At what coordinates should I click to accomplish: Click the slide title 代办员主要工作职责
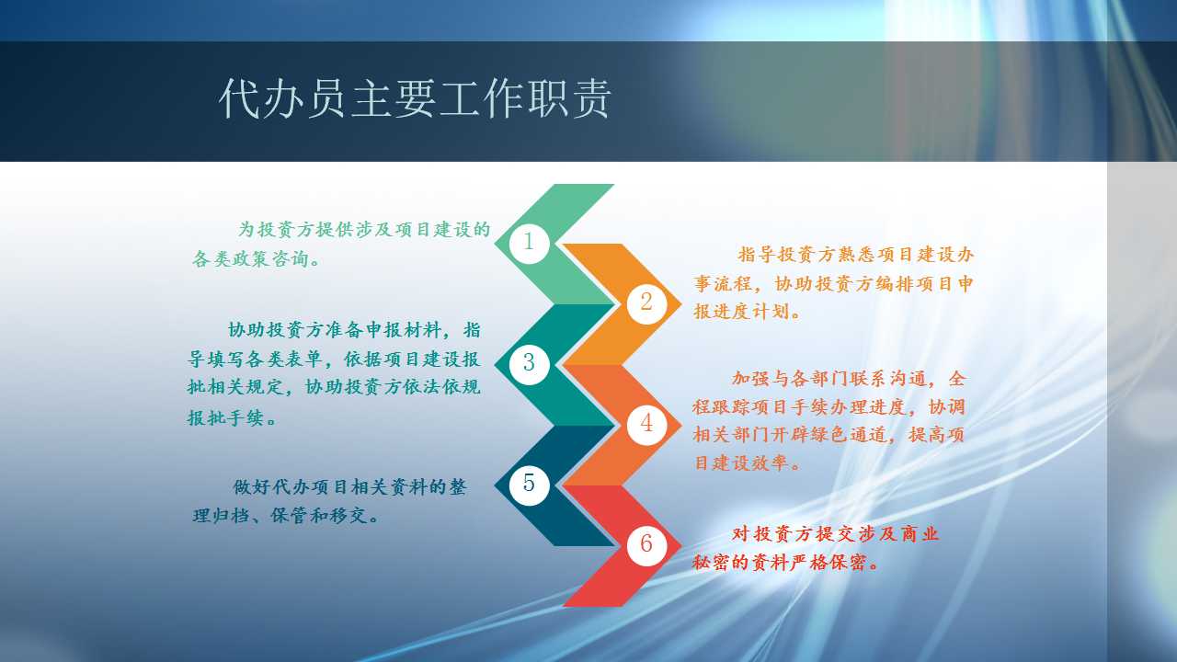[415, 98]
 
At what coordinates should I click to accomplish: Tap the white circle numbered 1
[529, 242]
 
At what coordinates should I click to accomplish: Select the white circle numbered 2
[646, 303]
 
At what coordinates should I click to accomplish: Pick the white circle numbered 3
[529, 363]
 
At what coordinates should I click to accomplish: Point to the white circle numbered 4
[646, 424]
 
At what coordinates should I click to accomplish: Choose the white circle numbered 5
[529, 484]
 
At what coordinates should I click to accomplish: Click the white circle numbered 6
[646, 544]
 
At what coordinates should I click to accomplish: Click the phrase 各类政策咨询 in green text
[250, 258]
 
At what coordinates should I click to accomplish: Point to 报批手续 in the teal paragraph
[225, 417]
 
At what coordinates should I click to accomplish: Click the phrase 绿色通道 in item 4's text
[850, 435]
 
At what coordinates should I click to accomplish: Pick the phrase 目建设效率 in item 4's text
[741, 462]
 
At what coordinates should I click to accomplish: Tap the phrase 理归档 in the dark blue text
[222, 516]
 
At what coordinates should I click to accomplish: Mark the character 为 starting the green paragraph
[247, 229]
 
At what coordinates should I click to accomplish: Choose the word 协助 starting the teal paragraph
[246, 330]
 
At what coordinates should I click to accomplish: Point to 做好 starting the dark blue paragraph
[252, 487]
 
